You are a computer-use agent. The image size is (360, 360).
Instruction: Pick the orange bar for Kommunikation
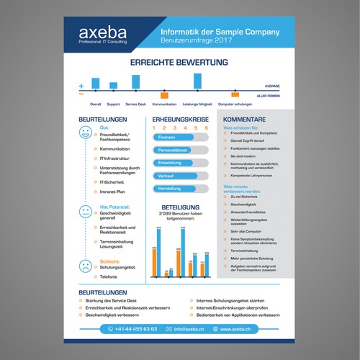click(164, 95)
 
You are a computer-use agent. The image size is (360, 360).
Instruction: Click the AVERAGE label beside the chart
click(271, 86)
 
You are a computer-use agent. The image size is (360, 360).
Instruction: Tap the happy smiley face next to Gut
click(86, 132)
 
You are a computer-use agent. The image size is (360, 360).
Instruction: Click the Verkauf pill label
click(166, 176)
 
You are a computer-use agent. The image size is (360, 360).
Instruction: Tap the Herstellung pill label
click(168, 188)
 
